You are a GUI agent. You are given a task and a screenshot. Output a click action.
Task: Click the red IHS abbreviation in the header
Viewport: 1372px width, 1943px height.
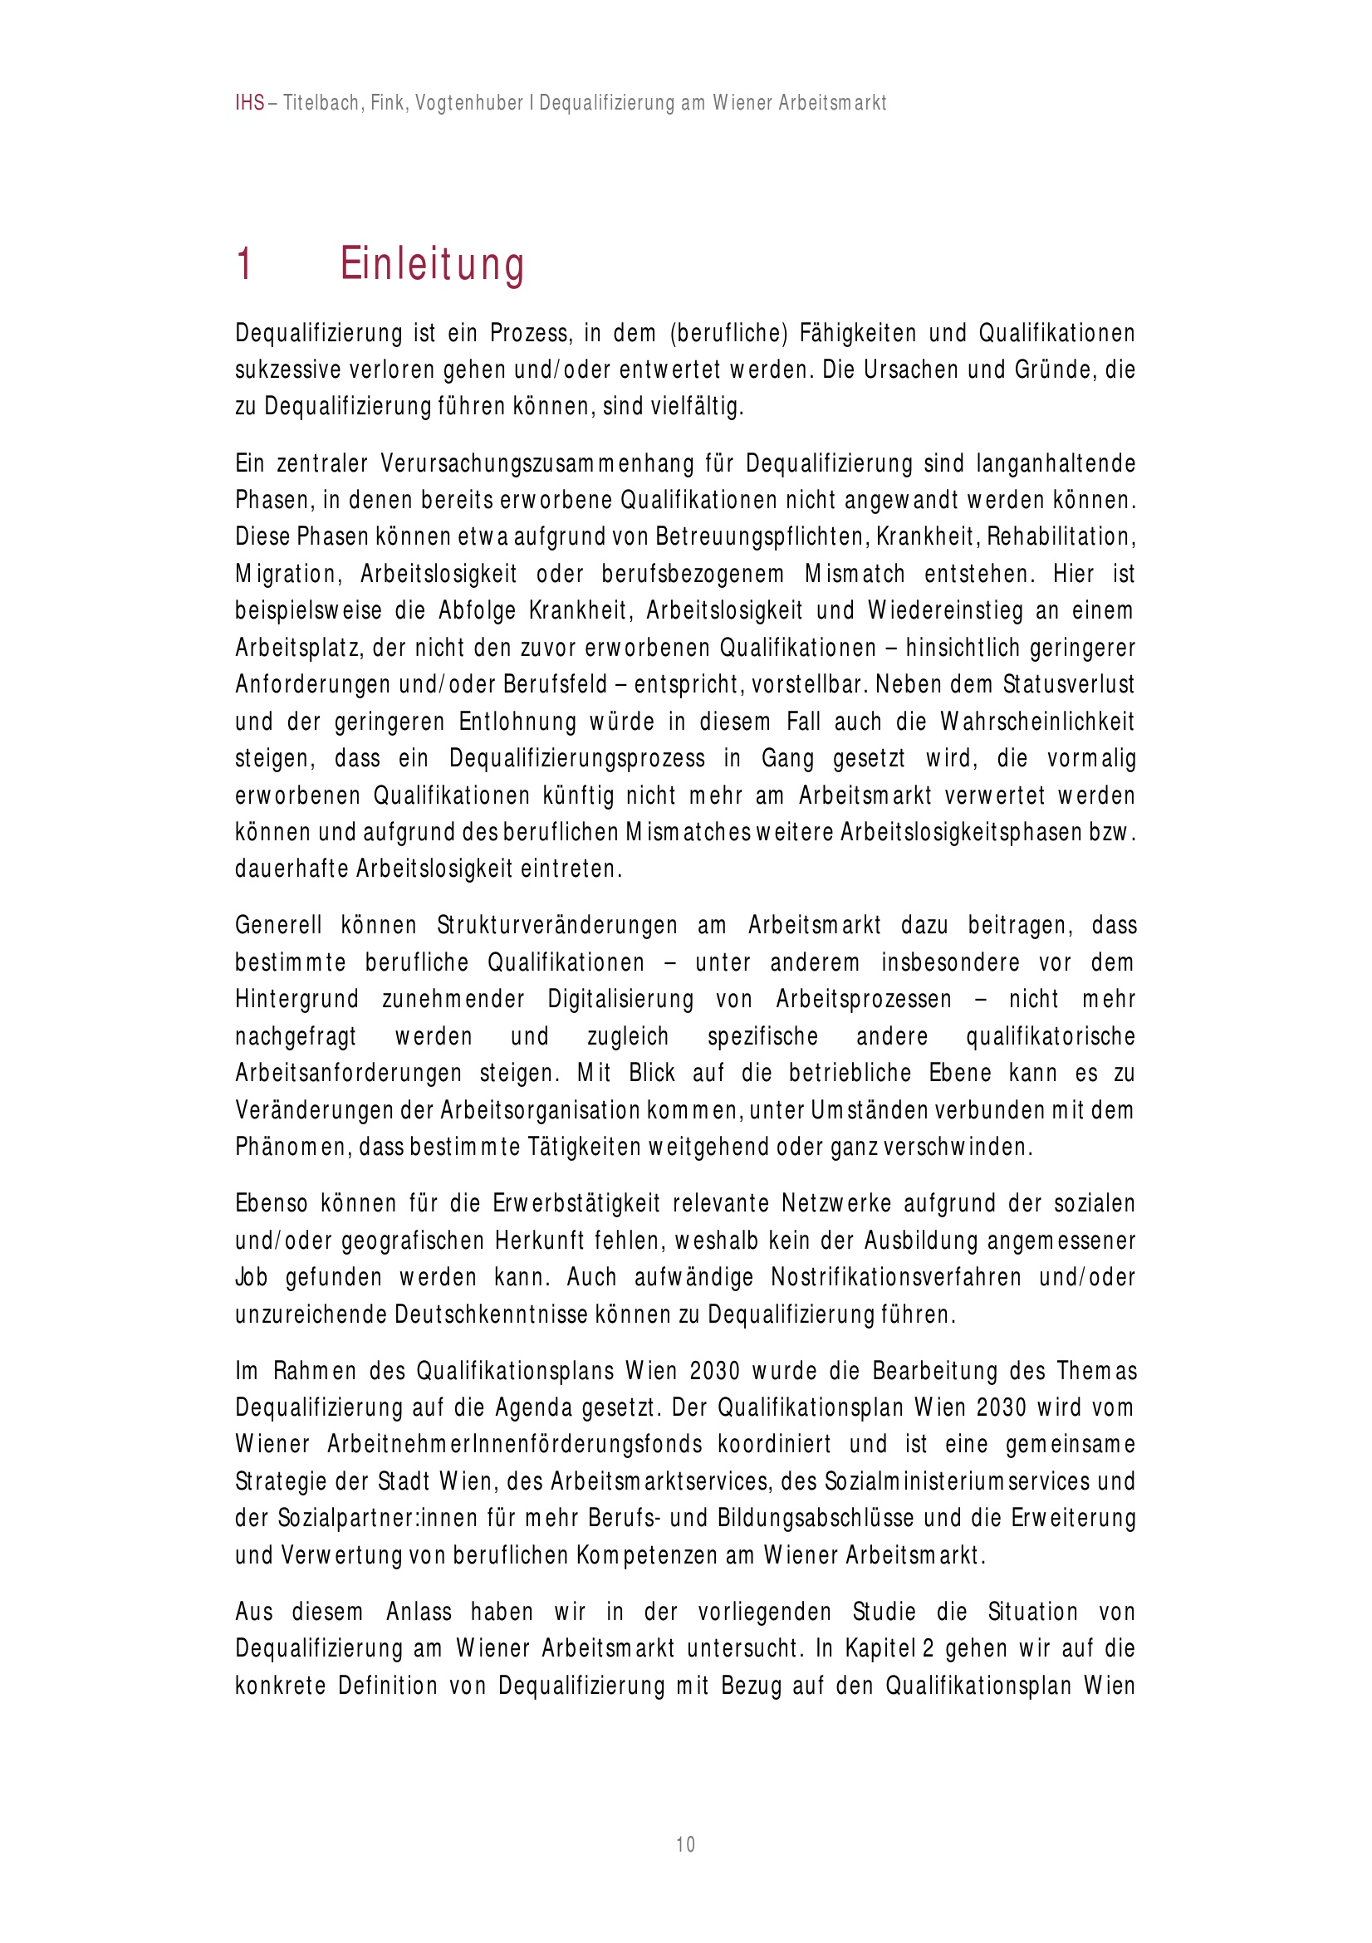[x=250, y=103]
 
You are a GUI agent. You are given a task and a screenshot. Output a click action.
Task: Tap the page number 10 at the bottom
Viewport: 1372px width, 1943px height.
[x=685, y=1844]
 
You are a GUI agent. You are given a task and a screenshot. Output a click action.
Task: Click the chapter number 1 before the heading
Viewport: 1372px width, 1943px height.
[x=244, y=264]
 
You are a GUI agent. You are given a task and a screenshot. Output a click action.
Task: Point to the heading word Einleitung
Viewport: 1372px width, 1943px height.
[x=432, y=264]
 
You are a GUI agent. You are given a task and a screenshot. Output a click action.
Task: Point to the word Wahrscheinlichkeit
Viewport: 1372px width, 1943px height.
[x=1036, y=722]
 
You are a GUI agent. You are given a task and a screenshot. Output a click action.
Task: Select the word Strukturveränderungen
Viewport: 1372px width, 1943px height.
[x=557, y=926]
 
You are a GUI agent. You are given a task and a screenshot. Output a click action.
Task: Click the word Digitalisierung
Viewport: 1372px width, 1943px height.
[x=620, y=1000]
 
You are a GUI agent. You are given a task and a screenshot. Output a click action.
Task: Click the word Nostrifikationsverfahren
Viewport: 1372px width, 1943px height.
[x=895, y=1277]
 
